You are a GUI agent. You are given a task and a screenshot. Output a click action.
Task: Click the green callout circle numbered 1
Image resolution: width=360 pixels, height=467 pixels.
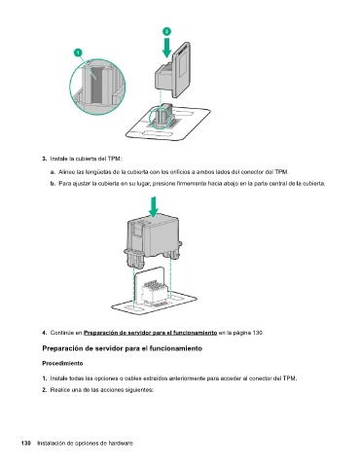coord(78,53)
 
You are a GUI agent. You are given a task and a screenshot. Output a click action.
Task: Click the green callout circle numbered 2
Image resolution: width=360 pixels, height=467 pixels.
coord(166,31)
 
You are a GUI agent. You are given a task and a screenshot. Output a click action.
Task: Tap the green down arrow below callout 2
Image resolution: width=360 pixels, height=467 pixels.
coord(166,48)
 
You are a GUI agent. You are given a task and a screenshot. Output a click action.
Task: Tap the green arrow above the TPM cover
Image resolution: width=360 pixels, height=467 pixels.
coord(154,207)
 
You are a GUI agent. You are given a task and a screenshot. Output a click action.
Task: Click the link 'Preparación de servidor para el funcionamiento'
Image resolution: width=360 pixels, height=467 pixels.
coord(151,333)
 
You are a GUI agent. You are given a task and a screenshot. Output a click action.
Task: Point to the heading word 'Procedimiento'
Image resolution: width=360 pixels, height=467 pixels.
coord(62,363)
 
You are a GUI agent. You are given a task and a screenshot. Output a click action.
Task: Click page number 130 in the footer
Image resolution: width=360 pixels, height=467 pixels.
coord(26,444)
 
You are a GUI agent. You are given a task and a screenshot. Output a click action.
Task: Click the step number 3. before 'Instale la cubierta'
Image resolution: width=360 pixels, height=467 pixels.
coord(45,159)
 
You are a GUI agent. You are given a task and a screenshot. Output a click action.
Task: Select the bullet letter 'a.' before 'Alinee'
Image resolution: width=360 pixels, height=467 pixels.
coord(53,172)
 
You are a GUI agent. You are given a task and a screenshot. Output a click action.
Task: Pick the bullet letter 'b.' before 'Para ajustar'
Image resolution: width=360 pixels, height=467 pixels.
coord(53,184)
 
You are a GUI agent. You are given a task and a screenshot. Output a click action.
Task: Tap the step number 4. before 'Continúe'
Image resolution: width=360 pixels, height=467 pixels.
coord(45,333)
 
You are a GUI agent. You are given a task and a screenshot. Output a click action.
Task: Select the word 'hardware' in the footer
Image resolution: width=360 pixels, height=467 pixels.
coord(121,444)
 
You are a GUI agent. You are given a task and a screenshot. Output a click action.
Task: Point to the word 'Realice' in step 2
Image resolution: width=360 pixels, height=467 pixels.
coord(59,390)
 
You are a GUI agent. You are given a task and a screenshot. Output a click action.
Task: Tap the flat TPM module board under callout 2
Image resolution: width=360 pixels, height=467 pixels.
coord(181,70)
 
